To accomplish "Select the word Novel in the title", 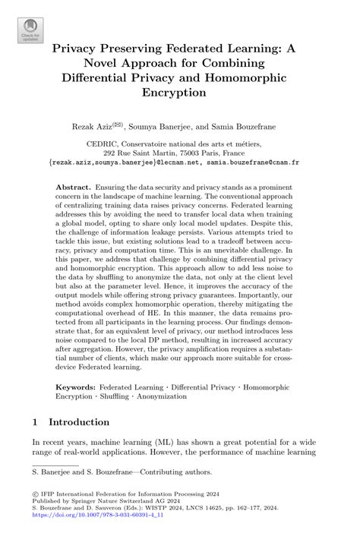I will pyautogui.click(x=96, y=62).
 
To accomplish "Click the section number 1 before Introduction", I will pyautogui.click(x=35, y=421).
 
